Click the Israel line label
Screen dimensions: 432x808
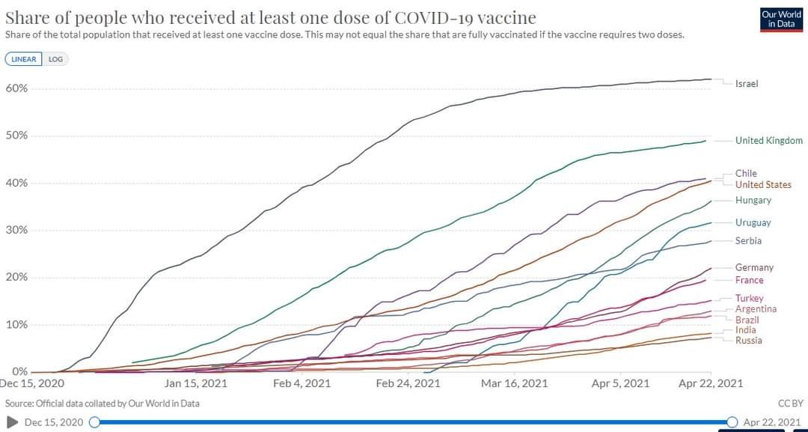pyautogui.click(x=746, y=84)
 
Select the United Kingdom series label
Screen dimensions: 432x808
pyautogui.click(x=768, y=141)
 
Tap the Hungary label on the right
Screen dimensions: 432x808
pyautogui.click(x=753, y=201)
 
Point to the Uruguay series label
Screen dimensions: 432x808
pyautogui.click(x=753, y=223)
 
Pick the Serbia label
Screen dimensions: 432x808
pyautogui.click(x=748, y=241)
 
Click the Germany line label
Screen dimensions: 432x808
pyautogui.click(x=754, y=268)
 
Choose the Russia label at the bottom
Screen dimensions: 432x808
pyautogui.click(x=748, y=341)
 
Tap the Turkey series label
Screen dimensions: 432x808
pyautogui.click(x=749, y=299)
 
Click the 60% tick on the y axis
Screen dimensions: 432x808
pyautogui.click(x=17, y=88)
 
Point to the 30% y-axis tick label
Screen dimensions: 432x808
pyautogui.click(x=17, y=230)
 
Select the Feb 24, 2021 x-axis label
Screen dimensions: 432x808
pyautogui.click(x=408, y=383)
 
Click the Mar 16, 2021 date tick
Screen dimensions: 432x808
pyautogui.click(x=514, y=383)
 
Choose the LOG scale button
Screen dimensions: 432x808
pyautogui.click(x=55, y=59)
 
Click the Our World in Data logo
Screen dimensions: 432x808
pyautogui.click(x=781, y=19)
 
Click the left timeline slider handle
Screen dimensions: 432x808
pyautogui.click(x=94, y=422)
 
